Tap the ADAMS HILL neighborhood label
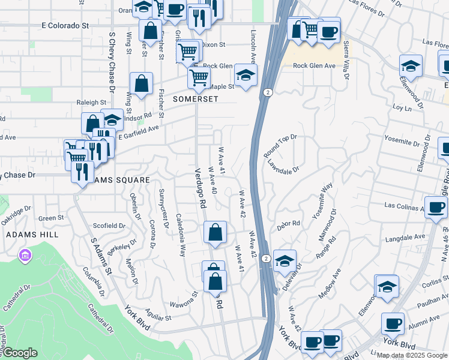26,235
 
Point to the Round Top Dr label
280,146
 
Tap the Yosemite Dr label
403,143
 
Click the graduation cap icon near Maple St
245,75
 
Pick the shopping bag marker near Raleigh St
141,84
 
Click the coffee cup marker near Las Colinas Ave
436,207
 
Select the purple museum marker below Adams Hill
25,256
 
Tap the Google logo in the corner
20,353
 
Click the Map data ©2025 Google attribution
412,355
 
